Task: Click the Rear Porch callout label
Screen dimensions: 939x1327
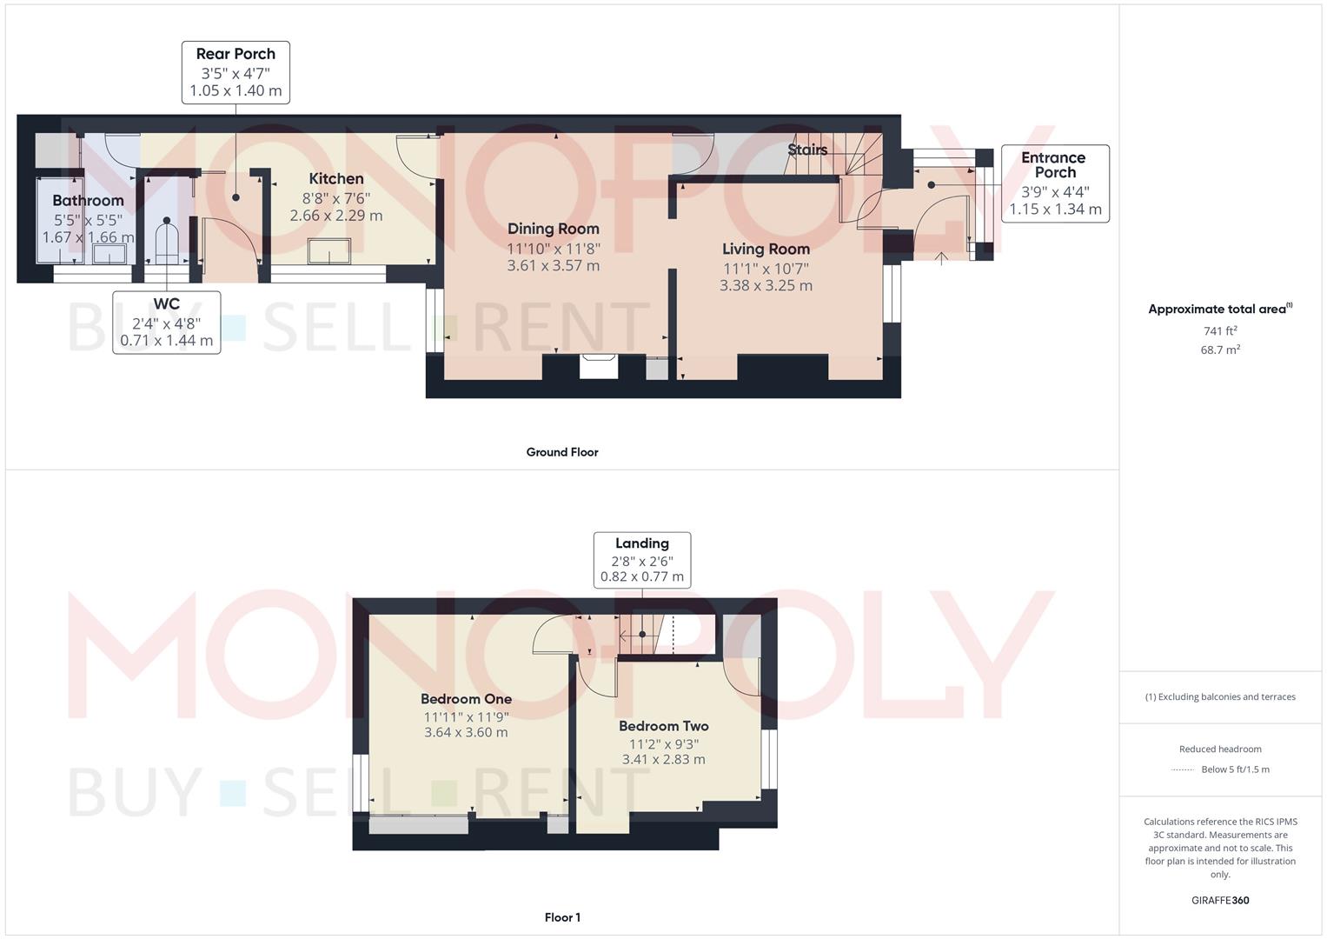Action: point(236,72)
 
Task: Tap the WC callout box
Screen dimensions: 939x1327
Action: point(166,322)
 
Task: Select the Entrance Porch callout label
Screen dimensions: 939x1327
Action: point(1054,183)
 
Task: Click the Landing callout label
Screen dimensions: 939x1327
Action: point(642,560)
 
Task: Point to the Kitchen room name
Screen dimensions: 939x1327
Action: point(336,179)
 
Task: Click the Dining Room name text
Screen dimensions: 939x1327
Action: point(554,230)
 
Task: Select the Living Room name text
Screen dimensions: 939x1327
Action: point(766,250)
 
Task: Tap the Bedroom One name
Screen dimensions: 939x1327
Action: point(466,699)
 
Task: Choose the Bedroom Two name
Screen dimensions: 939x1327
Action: point(663,726)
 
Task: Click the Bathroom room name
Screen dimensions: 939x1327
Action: point(88,201)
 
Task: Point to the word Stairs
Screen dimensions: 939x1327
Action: point(807,150)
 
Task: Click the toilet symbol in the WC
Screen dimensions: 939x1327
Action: point(166,241)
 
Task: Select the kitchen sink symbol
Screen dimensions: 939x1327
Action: point(329,252)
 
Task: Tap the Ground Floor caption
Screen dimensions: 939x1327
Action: point(562,452)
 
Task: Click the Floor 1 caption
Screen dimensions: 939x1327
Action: point(562,917)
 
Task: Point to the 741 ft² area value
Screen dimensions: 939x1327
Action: point(1220,330)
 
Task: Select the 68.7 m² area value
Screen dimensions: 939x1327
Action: point(1220,350)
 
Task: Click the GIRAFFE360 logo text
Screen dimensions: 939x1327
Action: point(1220,901)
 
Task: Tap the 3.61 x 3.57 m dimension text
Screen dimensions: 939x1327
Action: point(554,266)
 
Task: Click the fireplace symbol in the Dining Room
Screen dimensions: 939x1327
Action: point(599,366)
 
